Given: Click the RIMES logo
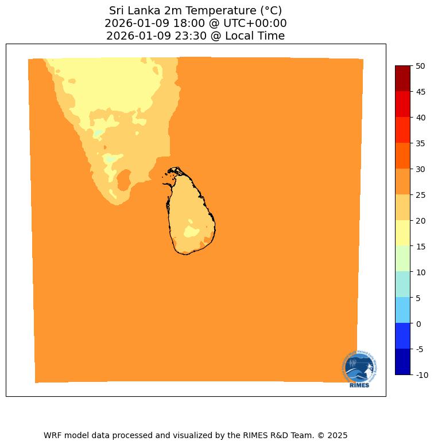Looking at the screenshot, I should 359,369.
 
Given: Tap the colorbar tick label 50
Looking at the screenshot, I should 420,66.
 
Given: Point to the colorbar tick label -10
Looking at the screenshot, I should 420,375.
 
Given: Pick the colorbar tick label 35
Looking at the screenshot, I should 420,143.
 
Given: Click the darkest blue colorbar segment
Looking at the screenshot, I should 403,362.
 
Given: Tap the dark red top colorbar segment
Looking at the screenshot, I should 403,79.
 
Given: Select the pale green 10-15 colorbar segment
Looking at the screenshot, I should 403,259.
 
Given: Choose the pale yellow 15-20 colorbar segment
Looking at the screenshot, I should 403,233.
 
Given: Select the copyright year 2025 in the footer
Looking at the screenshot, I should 337,435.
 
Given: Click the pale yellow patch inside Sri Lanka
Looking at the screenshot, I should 191,232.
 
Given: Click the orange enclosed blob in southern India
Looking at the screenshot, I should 123,181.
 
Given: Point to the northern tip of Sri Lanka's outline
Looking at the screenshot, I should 174,169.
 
